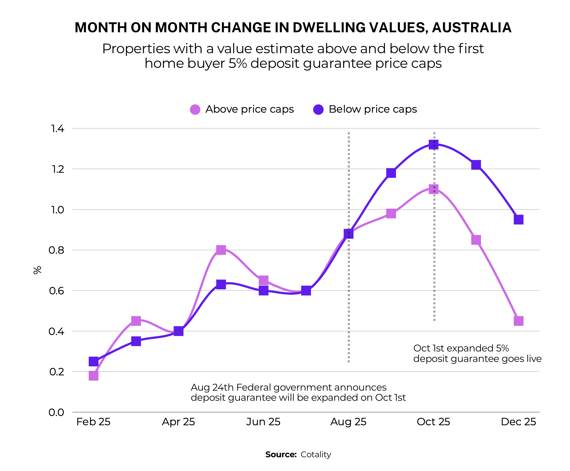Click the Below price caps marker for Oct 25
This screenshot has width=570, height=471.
[433, 145]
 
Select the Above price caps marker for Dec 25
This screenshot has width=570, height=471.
[518, 321]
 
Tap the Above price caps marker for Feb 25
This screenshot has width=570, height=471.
[94, 375]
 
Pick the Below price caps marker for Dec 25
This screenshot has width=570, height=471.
[518, 220]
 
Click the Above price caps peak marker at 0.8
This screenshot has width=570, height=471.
[221, 250]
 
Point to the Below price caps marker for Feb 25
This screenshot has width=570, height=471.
[94, 362]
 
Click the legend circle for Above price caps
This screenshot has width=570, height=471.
[195, 109]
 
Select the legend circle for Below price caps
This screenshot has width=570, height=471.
[318, 109]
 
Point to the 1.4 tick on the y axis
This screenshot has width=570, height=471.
[58, 129]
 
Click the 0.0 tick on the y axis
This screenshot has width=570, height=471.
[56, 412]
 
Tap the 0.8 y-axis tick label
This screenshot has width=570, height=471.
[56, 250]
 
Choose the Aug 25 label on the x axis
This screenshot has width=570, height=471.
[348, 422]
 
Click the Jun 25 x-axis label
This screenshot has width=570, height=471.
[263, 422]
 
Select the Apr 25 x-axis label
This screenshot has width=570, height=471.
[178, 422]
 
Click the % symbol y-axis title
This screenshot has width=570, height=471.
[37, 270]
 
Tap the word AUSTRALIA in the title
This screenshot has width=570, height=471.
[471, 27]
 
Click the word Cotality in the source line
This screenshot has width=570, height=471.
[316, 454]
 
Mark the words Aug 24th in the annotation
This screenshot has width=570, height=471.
[212, 387]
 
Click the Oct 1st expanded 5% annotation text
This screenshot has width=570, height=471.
[461, 348]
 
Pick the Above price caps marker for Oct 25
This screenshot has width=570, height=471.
[433, 189]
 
